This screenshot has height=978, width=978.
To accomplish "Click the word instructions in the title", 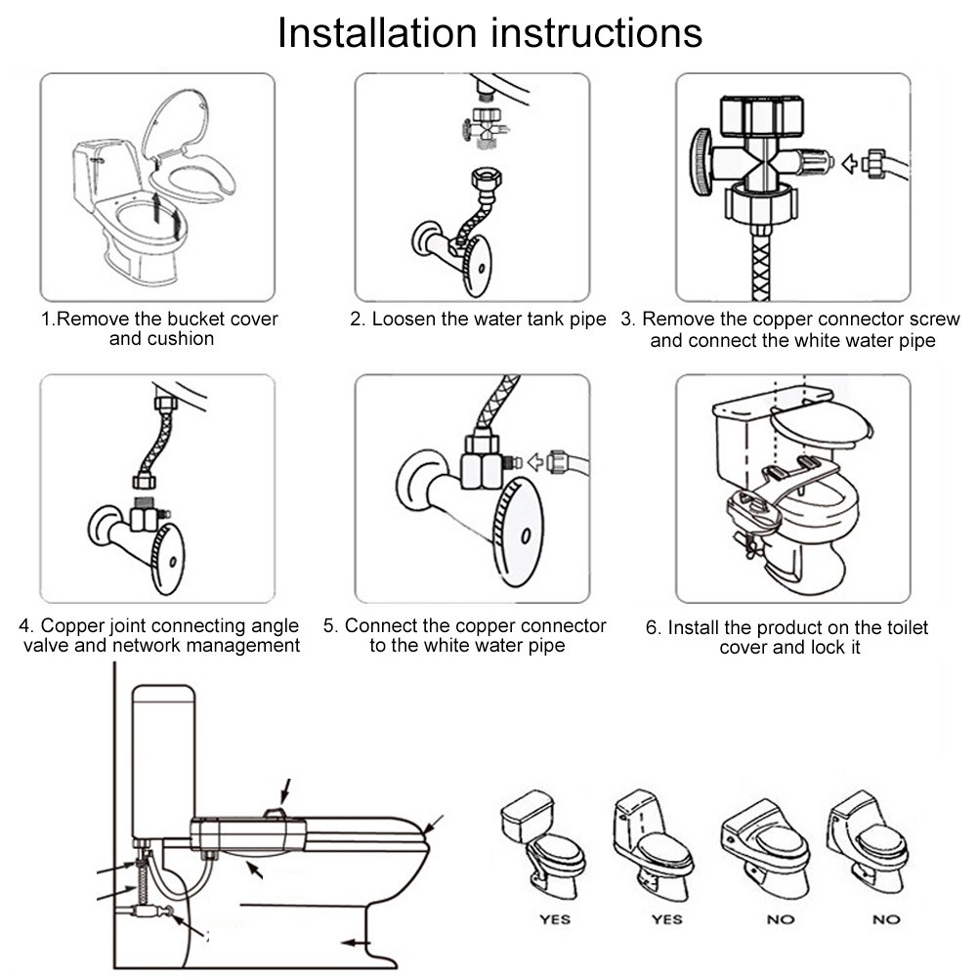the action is [x=597, y=32].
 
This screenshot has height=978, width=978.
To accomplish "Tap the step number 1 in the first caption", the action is [x=46, y=319].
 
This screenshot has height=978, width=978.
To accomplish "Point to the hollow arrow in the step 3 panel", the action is [x=849, y=164].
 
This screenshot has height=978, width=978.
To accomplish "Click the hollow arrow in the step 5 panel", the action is [x=535, y=462].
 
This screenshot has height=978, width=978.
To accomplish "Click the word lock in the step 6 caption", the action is [x=828, y=648].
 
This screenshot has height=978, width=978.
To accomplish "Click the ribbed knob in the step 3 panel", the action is [x=702, y=161].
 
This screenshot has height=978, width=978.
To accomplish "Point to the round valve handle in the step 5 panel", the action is [x=519, y=532].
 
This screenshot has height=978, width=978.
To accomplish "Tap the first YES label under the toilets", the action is [x=555, y=918].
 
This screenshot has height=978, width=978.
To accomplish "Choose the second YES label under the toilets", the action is [x=667, y=918].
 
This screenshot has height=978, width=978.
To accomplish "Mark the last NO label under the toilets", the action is [x=886, y=918].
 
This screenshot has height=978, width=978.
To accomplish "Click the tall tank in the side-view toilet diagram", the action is [x=163, y=761].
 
